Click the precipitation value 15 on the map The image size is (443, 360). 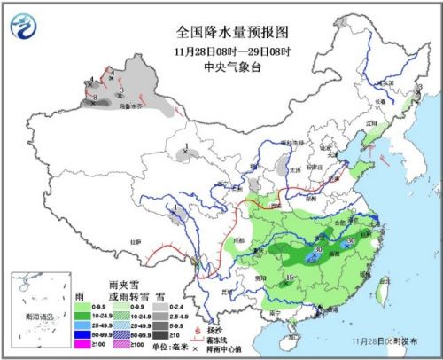[290, 280]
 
